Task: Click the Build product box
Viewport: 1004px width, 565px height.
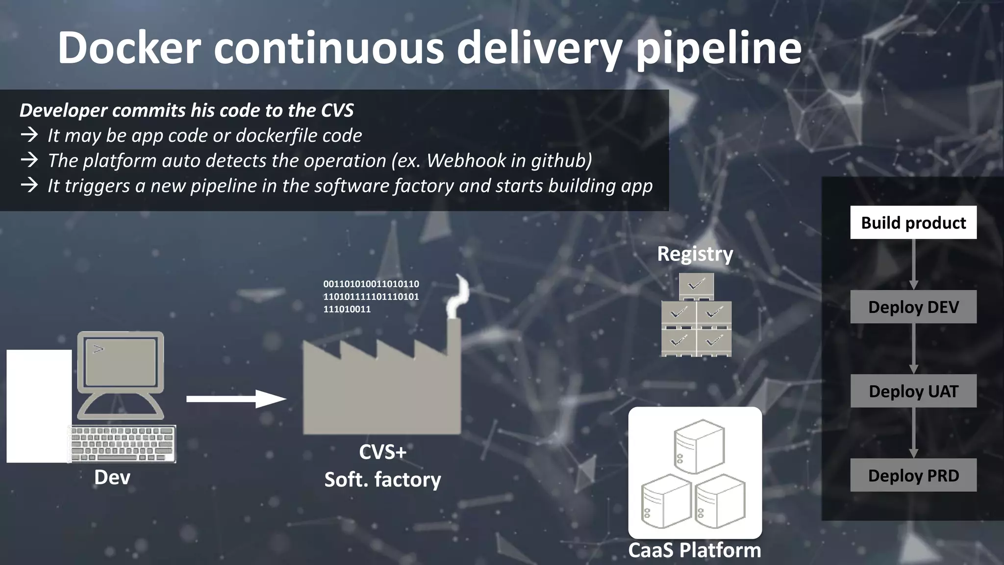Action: coord(913,223)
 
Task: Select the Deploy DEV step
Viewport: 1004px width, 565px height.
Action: coord(913,307)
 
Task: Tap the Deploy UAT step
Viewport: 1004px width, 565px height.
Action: coord(913,391)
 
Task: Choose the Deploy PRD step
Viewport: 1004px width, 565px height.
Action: coord(913,475)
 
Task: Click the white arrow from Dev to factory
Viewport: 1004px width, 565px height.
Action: coord(235,399)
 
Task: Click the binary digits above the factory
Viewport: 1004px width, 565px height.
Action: coord(371,296)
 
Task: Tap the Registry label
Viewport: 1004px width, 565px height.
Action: coord(695,254)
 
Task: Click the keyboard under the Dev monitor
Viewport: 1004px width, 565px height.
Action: coord(123,443)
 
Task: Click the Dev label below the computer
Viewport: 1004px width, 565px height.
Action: coord(112,477)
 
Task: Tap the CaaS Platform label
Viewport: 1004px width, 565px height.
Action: coord(694,550)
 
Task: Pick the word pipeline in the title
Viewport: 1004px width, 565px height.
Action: coord(718,49)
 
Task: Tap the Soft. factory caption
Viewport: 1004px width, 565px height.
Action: coord(382,480)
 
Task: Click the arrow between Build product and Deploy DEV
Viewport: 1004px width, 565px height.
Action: coord(913,265)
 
